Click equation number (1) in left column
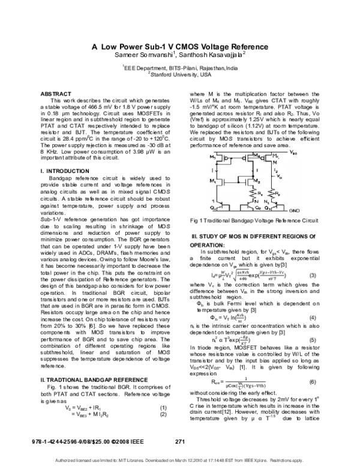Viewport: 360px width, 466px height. pyautogui.click(x=162, y=392)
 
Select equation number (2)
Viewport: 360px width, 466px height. pyautogui.click(x=162, y=399)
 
